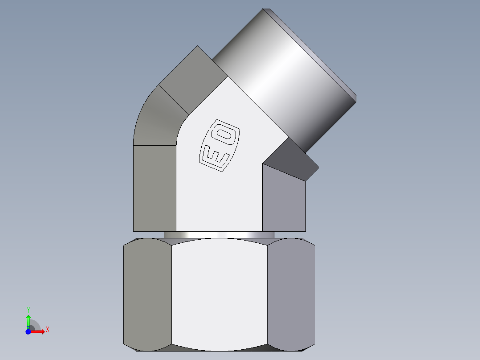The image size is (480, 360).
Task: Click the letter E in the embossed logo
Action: click(x=216, y=157)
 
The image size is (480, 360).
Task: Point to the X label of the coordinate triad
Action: click(x=47, y=330)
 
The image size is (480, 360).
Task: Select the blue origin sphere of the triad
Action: click(x=28, y=331)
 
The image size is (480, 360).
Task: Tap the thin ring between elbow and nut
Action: click(x=219, y=235)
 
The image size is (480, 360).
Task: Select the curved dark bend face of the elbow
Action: click(x=156, y=120)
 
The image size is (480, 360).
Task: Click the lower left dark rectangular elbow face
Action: click(x=155, y=187)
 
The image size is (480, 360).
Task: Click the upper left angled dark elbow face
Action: click(x=191, y=71)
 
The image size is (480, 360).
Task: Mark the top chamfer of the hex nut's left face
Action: click(x=147, y=241)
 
